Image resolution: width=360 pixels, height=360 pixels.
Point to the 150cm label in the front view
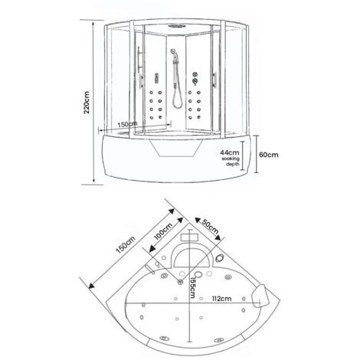point(128,123)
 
